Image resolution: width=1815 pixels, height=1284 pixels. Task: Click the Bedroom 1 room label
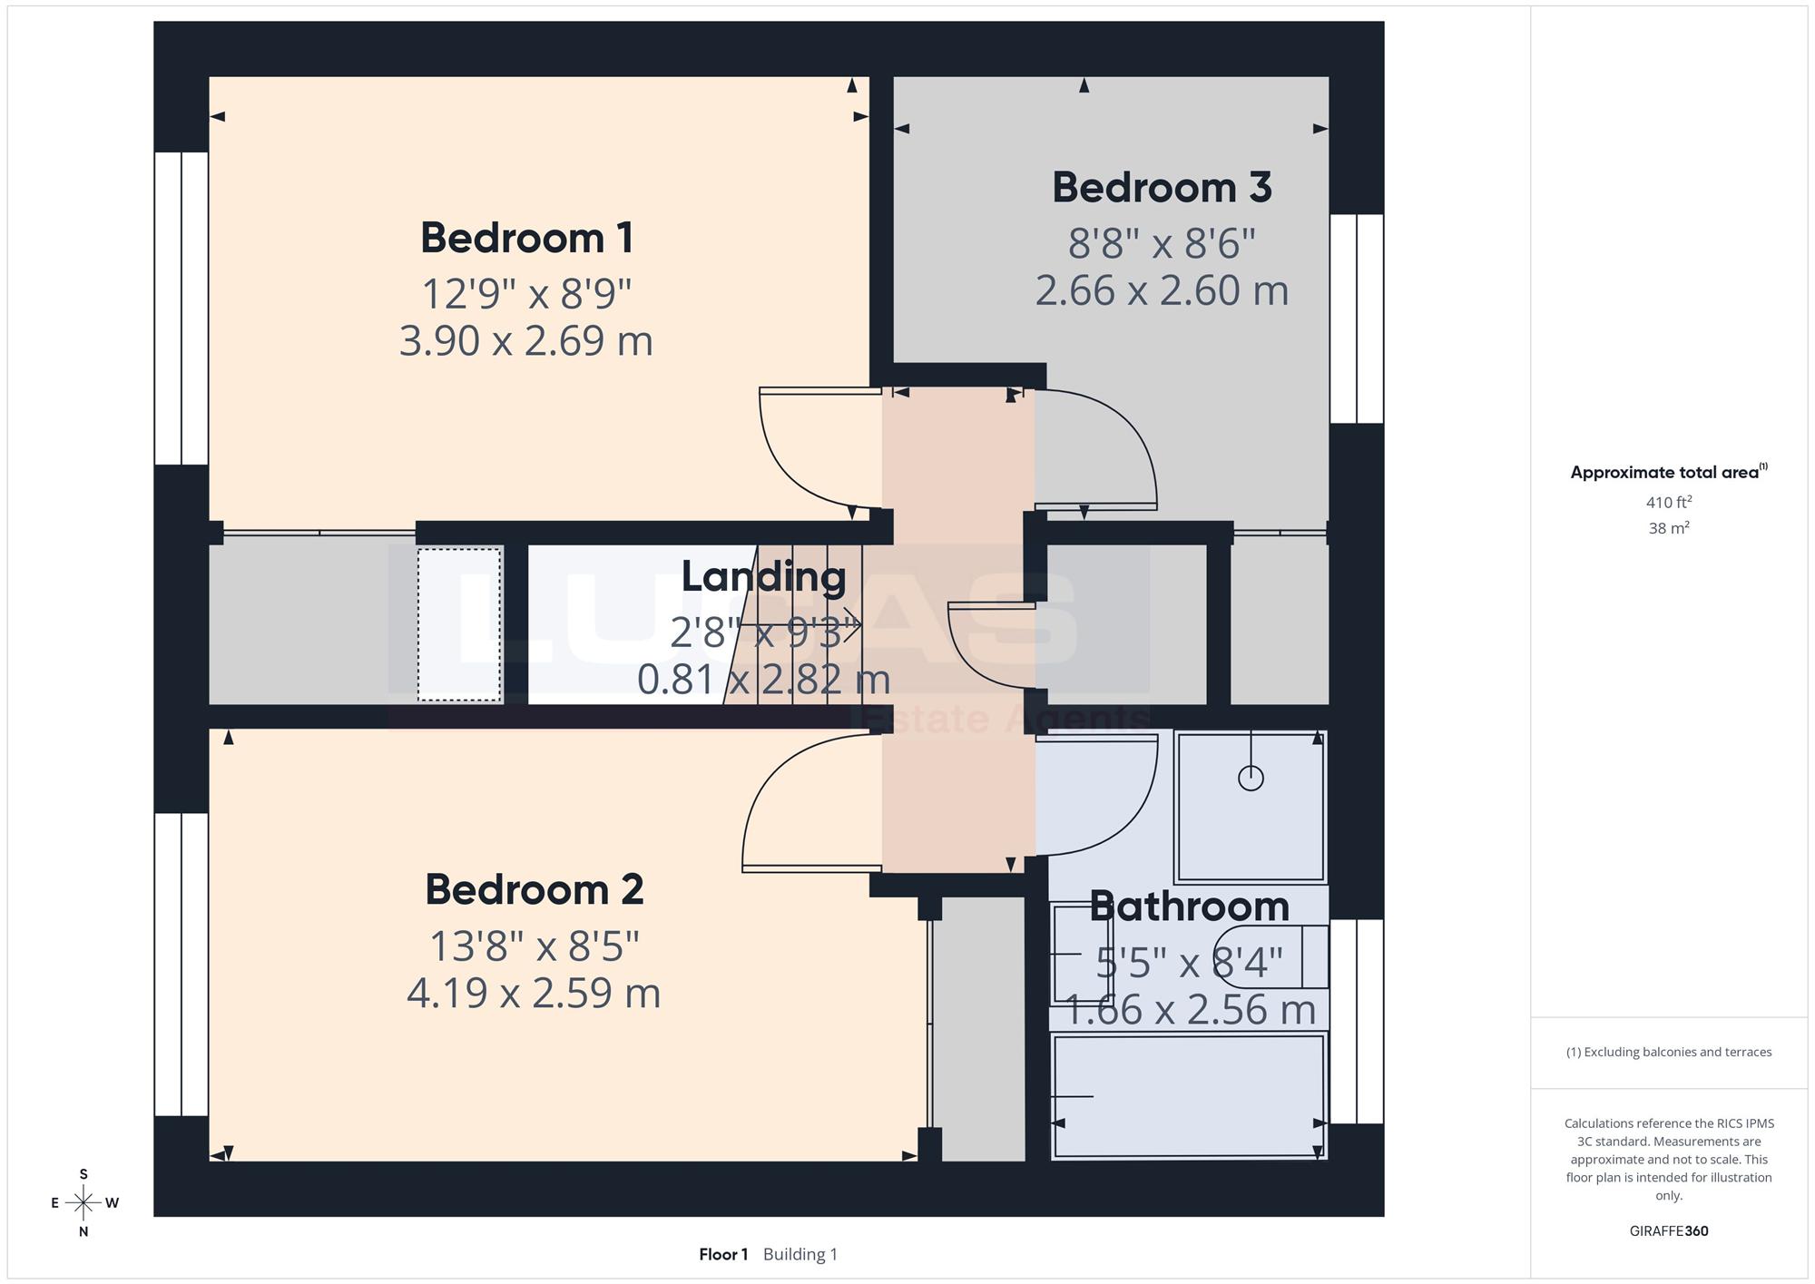[526, 238]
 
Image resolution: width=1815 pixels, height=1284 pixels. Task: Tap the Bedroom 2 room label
[535, 889]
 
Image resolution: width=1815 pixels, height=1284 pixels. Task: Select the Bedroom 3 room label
[1162, 188]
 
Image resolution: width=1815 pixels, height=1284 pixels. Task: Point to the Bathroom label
[1189, 906]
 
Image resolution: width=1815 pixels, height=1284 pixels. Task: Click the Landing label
[763, 577]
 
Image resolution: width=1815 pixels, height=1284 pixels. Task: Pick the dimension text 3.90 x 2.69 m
[526, 341]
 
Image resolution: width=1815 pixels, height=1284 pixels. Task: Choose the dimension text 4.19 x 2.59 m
[534, 993]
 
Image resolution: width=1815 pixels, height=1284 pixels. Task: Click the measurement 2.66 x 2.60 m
[1162, 290]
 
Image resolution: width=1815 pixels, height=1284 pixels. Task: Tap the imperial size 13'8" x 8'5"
[534, 946]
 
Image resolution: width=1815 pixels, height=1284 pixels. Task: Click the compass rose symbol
[83, 1203]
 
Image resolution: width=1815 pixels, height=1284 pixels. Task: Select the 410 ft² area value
[1669, 502]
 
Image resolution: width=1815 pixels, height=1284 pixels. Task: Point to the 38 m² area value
[1669, 527]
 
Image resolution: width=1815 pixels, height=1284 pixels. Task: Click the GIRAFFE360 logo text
[1669, 1231]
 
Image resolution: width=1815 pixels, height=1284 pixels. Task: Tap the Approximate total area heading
[1669, 472]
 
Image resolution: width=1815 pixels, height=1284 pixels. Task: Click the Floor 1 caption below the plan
[723, 1254]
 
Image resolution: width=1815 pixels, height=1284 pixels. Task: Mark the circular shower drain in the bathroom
[1251, 778]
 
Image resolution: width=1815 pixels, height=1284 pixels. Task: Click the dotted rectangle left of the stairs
[459, 624]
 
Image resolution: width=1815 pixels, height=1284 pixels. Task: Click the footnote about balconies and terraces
[1669, 1052]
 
